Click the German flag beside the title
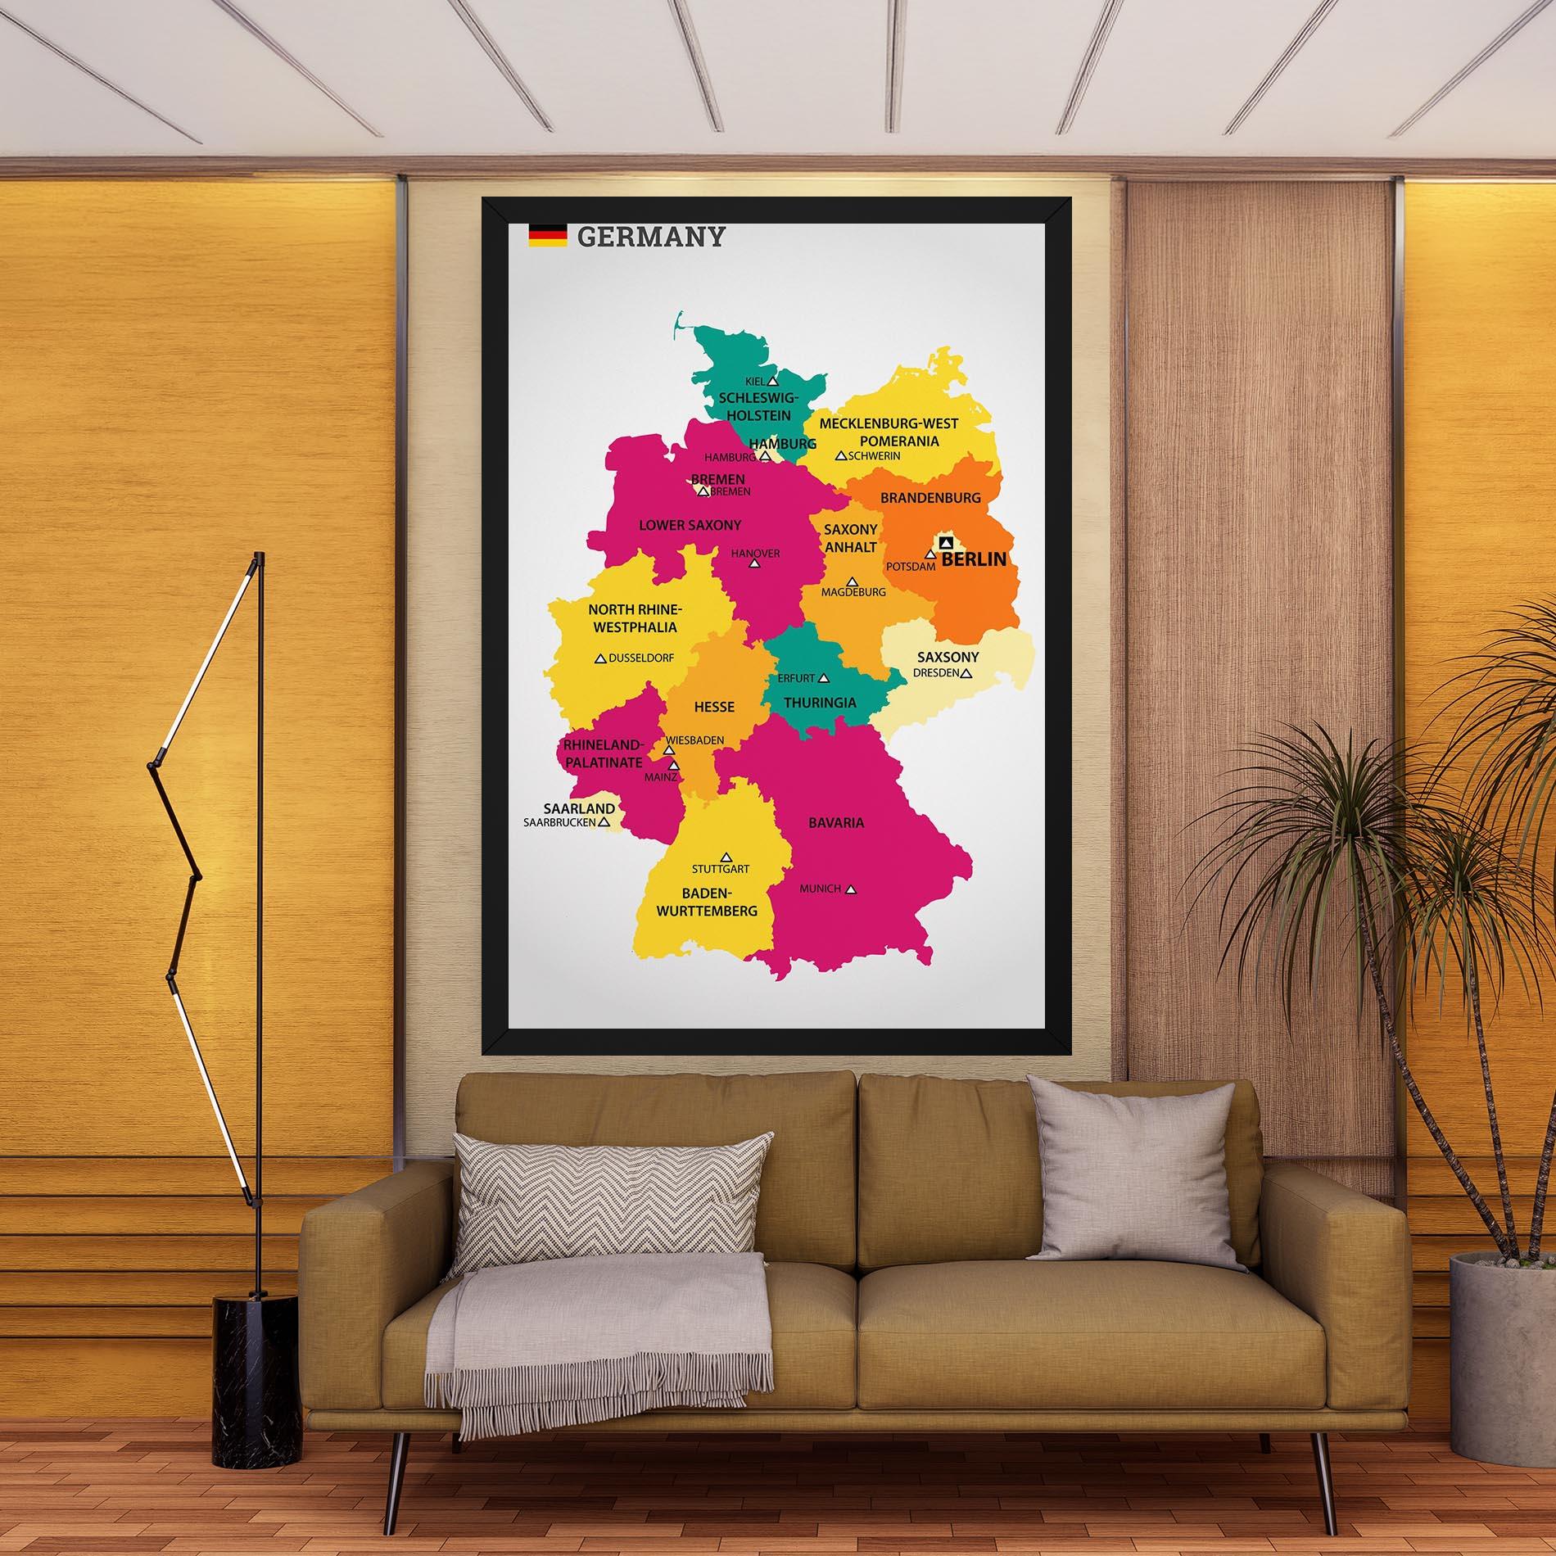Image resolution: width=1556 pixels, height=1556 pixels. [x=547, y=236]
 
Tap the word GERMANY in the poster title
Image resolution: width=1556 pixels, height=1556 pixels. [x=651, y=237]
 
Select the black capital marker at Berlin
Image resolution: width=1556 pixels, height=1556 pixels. [x=947, y=542]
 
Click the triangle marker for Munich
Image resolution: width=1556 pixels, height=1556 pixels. [x=852, y=889]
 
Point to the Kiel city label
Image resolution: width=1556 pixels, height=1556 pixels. [x=753, y=382]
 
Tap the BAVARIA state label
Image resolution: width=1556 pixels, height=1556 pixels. [x=835, y=822]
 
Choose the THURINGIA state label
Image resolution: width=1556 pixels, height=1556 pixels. [x=820, y=703]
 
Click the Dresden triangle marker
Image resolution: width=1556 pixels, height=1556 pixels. [x=966, y=673]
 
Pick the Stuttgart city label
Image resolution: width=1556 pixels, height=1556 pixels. [x=720, y=869]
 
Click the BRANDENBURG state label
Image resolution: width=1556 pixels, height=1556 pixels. [x=930, y=497]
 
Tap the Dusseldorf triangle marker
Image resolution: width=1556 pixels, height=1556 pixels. [x=599, y=658]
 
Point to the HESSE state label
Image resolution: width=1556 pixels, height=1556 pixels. [x=714, y=706]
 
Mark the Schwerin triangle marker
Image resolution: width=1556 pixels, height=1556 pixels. [x=840, y=455]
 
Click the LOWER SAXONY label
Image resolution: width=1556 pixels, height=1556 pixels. [x=690, y=525]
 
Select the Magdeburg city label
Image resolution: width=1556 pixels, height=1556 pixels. [x=853, y=592]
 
